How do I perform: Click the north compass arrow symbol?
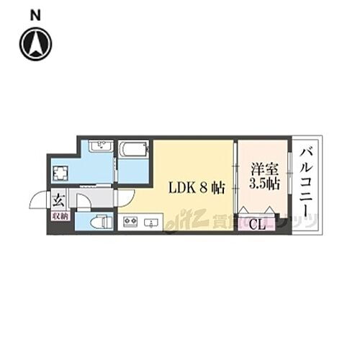(x=35, y=44)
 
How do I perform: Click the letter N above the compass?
(x=35, y=14)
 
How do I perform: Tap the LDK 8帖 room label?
(x=197, y=189)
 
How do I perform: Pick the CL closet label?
(x=258, y=223)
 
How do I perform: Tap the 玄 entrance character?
(x=57, y=199)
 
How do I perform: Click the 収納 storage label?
(x=59, y=216)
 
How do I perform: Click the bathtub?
(x=133, y=149)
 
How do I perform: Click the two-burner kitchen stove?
(x=131, y=221)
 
